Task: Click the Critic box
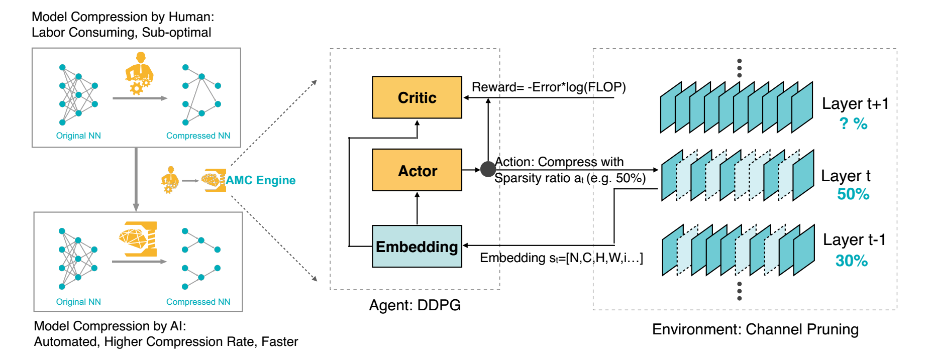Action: point(417,97)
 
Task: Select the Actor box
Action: point(417,170)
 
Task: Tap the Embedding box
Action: point(417,246)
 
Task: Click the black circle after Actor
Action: point(488,169)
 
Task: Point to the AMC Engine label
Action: point(260,180)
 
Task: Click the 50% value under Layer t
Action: point(853,194)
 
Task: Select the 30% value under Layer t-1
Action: point(851,261)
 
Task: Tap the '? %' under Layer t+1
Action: point(853,124)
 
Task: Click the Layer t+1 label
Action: point(855,104)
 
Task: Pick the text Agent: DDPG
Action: point(415,305)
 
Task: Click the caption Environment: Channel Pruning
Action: point(755,329)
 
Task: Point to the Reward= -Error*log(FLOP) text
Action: point(549,87)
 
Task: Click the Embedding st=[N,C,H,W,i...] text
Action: point(561,258)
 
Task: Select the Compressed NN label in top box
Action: point(198,136)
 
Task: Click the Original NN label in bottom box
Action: point(78,302)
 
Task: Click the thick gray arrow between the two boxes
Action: point(136,179)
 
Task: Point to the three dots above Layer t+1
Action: point(739,68)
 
